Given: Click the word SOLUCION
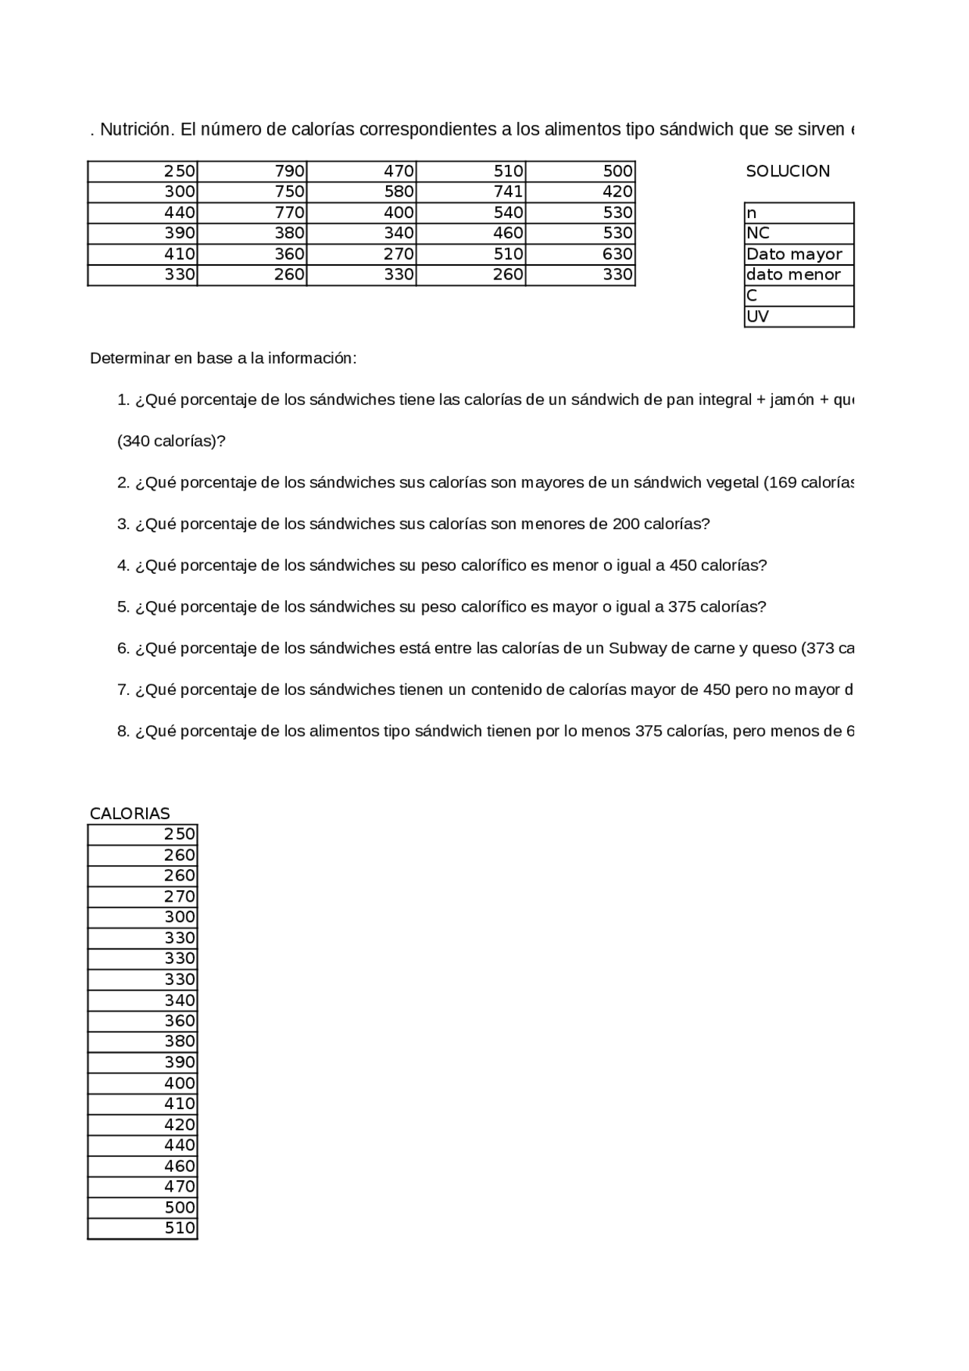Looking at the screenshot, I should pos(787,171).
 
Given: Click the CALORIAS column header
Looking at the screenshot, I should pos(129,813).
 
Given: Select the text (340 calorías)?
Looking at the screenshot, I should pos(171,441).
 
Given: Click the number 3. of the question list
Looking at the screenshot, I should pos(123,524).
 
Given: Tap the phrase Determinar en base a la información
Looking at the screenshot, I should pos(222,358).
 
